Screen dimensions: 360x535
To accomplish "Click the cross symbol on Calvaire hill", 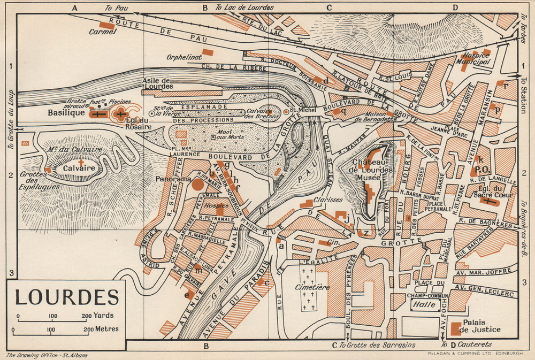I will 81,162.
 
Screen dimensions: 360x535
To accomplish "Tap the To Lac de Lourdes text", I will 244,8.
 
